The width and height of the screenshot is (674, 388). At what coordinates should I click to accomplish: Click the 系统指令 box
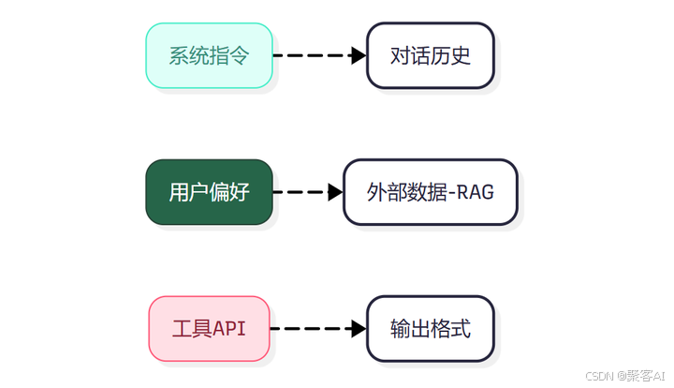pyautogui.click(x=209, y=55)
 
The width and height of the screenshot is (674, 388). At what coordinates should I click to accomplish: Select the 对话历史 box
pyautogui.click(x=430, y=55)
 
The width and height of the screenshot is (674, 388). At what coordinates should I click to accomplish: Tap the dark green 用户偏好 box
pyautogui.click(x=209, y=192)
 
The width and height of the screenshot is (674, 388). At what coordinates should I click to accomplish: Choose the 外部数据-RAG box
pyautogui.click(x=430, y=192)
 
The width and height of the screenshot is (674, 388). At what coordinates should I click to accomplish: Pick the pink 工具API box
pyautogui.click(x=209, y=329)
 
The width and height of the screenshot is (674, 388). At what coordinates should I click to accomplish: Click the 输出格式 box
pyautogui.click(x=430, y=329)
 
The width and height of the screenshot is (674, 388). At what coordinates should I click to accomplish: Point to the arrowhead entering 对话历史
pyautogui.click(x=358, y=55)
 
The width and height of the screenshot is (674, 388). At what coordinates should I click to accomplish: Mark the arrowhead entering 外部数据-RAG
pyautogui.click(x=335, y=192)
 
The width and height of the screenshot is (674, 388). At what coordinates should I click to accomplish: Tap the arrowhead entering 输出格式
pyautogui.click(x=358, y=329)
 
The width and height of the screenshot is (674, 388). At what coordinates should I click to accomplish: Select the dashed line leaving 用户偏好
pyautogui.click(x=300, y=192)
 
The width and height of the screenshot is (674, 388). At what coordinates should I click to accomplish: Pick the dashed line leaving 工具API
pyautogui.click(x=309, y=329)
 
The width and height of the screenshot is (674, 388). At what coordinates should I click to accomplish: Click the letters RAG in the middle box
pyautogui.click(x=476, y=192)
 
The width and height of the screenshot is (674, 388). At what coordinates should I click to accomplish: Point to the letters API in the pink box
pyautogui.click(x=229, y=329)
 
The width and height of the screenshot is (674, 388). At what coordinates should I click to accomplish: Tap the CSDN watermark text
pyautogui.click(x=599, y=375)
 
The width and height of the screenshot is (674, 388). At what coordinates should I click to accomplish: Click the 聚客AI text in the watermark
pyautogui.click(x=646, y=375)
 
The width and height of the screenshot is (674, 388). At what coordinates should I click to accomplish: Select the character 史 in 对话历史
pyautogui.click(x=460, y=55)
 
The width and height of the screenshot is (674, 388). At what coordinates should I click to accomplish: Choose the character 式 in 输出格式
pyautogui.click(x=460, y=329)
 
